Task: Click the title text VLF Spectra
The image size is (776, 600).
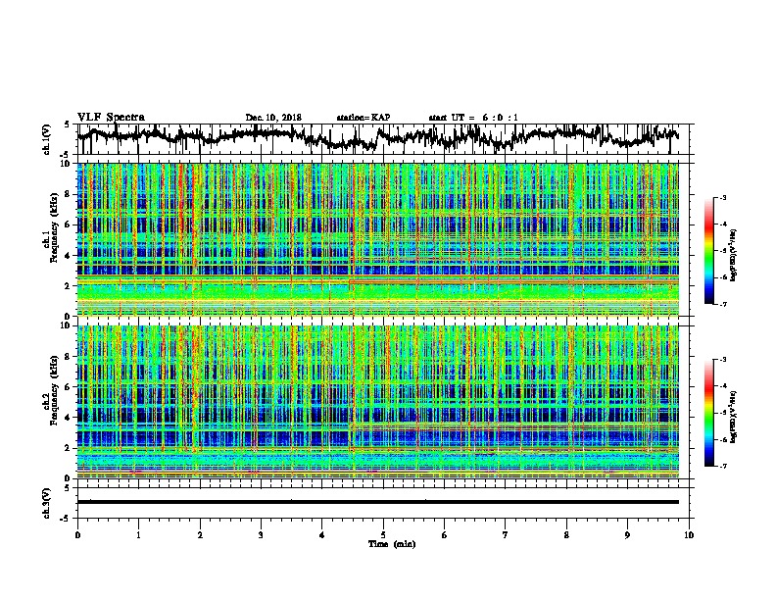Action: [111, 117]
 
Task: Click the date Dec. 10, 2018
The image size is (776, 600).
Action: [273, 118]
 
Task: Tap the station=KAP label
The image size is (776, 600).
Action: [364, 118]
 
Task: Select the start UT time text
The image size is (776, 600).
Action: [473, 118]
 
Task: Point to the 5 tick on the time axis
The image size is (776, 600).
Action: [383, 533]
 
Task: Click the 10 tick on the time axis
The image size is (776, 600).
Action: [690, 533]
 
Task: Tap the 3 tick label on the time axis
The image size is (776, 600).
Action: [261, 533]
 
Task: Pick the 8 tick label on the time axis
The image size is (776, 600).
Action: [567, 533]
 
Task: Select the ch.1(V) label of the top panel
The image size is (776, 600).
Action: [48, 139]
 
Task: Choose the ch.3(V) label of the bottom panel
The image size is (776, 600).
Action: [48, 501]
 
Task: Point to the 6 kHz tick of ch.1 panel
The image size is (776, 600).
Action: [69, 225]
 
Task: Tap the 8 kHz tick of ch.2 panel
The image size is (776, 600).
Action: [69, 355]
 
